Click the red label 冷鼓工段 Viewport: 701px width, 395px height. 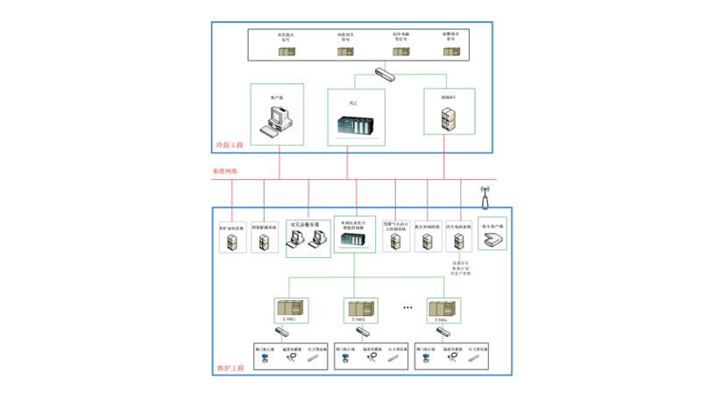230,144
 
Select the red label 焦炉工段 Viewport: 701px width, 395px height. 230,369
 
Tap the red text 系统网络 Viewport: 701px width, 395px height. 224,171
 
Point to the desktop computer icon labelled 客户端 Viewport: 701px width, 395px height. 278,118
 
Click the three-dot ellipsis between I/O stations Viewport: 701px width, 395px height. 407,308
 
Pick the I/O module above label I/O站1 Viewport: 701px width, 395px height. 291,309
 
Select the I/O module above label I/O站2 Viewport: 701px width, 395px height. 360,309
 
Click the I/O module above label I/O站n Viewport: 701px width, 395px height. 443,309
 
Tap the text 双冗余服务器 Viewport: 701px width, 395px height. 308,225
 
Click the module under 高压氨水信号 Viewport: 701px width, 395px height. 287,52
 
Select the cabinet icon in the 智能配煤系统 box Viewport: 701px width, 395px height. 264,241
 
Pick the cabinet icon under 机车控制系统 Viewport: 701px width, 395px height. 428,241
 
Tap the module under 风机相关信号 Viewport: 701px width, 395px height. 345,52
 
